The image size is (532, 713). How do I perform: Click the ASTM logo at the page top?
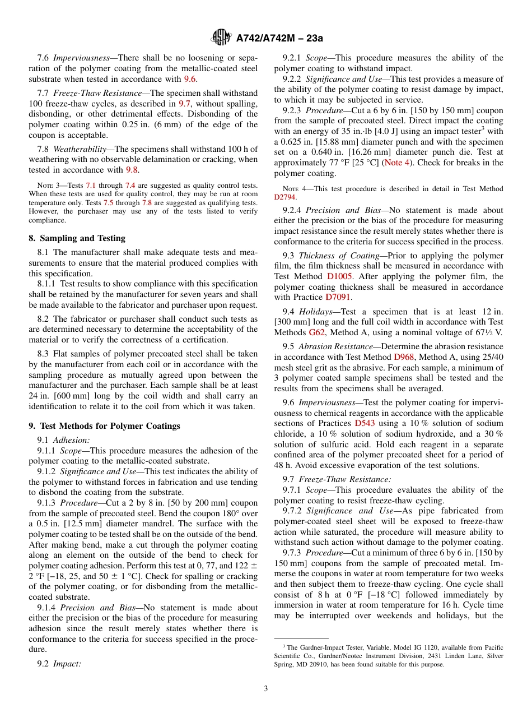(221, 38)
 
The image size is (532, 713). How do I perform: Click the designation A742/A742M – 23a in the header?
(279, 38)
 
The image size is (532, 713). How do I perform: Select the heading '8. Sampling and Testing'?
(77, 238)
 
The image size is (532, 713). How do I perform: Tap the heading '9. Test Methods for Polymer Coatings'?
(104, 426)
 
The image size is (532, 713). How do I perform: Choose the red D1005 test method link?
(340, 276)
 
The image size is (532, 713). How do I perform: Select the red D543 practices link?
(365, 423)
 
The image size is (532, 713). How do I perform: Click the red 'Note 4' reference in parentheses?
(396, 163)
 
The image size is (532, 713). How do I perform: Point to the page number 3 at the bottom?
(265, 688)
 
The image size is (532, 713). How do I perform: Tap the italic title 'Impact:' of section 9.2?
(67, 664)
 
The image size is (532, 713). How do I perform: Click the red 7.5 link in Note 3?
(109, 202)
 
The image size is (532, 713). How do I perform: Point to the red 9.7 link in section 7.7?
(184, 104)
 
